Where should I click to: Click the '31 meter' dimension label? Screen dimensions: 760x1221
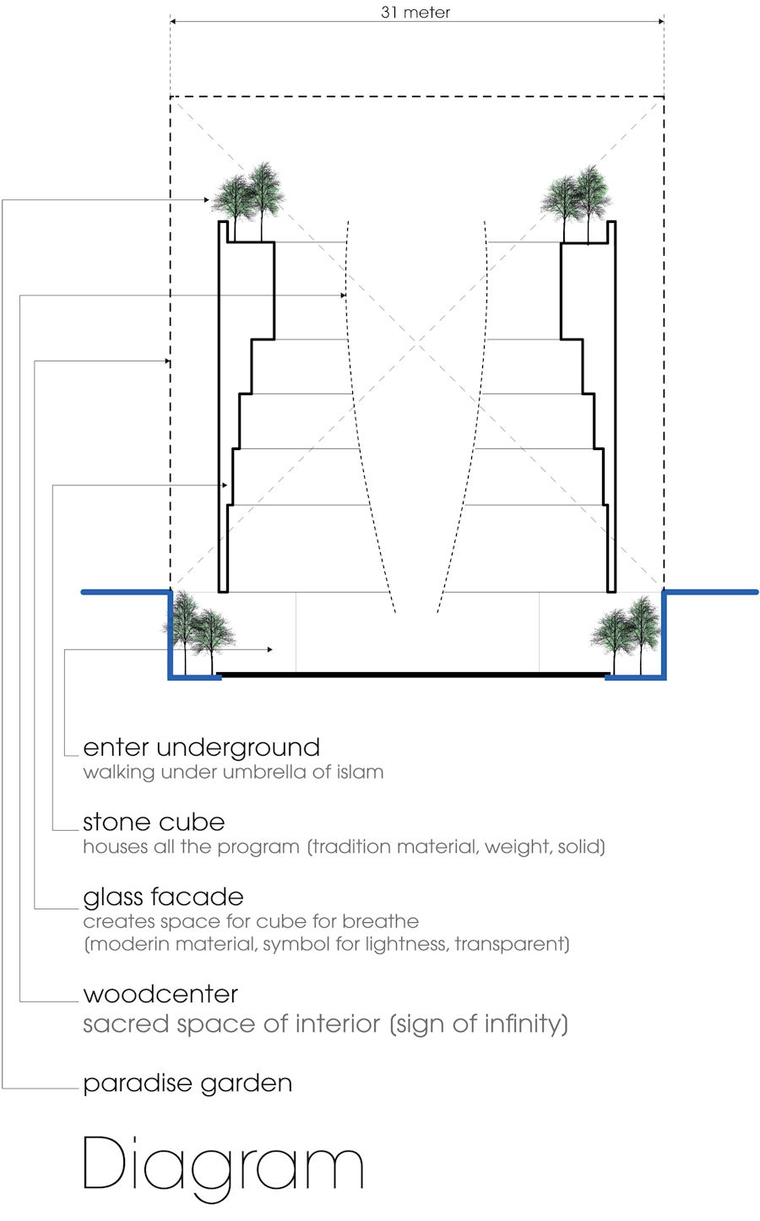click(x=415, y=12)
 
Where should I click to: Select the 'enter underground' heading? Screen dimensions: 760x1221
click(x=201, y=748)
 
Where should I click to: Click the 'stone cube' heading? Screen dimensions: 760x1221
click(x=154, y=822)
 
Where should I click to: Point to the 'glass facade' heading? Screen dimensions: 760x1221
click(x=163, y=898)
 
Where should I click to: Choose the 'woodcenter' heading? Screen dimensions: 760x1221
click(x=160, y=994)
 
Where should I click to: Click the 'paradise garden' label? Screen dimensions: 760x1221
click(x=187, y=1083)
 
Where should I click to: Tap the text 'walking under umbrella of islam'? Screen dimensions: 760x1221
click(x=233, y=773)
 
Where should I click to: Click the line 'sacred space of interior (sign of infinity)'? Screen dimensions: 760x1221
click(x=325, y=1024)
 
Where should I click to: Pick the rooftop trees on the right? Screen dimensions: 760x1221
click(x=576, y=202)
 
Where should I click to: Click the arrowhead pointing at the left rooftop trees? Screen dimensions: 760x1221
click(x=207, y=200)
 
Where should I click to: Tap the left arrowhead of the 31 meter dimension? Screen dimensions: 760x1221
click(x=173, y=21)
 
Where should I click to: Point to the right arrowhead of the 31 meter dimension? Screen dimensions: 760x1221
click(x=660, y=21)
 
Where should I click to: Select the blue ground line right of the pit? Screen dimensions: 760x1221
click(x=710, y=592)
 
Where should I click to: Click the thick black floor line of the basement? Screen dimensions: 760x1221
click(x=413, y=675)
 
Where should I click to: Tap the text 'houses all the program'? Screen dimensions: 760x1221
click(x=192, y=847)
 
